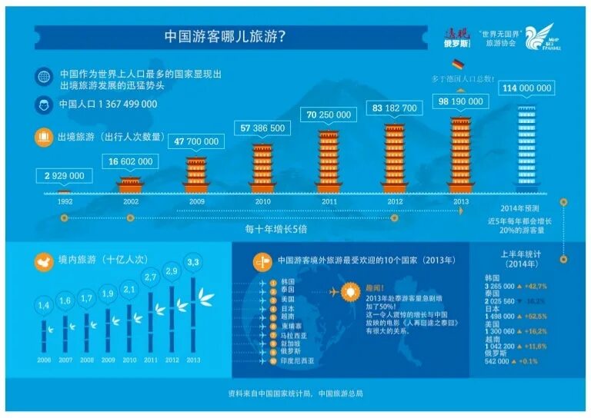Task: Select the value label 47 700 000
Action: (196, 141)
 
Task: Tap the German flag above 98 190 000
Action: (459, 65)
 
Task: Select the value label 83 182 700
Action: (394, 108)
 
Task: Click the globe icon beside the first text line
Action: (43, 77)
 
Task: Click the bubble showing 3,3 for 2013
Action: (193, 263)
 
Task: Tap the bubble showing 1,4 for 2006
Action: (43, 306)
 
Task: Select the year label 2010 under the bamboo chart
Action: (129, 360)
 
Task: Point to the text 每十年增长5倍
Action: (278, 228)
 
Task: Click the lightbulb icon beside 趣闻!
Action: (350, 292)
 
